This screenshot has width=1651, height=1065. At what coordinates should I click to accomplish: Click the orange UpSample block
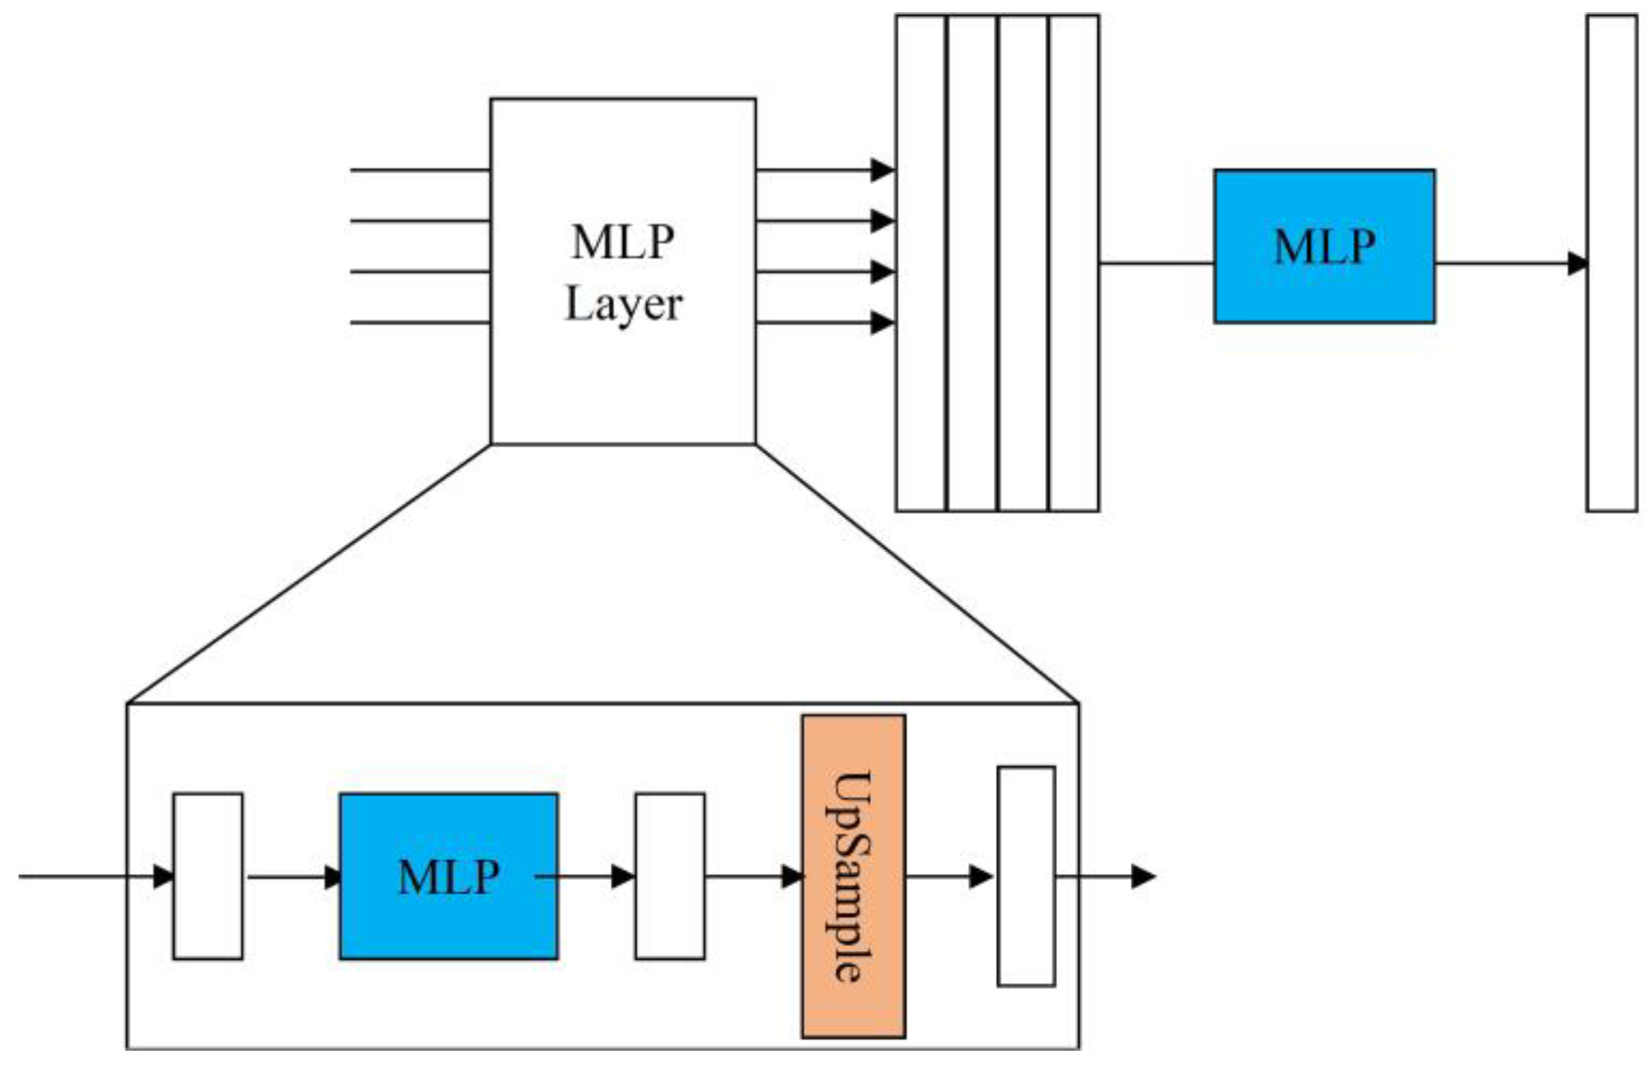point(853,876)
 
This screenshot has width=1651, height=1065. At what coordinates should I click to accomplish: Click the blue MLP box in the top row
point(1324,246)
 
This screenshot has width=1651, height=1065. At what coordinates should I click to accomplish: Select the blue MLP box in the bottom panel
point(448,876)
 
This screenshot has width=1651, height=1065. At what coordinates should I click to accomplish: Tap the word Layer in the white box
point(623,305)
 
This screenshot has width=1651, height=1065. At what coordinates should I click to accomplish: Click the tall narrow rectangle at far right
point(1611,263)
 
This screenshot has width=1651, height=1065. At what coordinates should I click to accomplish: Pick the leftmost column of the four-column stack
point(920,263)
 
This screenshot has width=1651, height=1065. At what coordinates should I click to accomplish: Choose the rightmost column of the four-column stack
point(1074,263)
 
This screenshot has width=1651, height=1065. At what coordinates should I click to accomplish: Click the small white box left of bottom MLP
point(207,876)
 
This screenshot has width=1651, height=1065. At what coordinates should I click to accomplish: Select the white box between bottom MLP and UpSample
point(669,876)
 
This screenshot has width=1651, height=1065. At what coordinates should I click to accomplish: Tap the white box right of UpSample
point(1025,876)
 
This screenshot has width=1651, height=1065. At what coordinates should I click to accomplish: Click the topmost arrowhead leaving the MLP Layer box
point(883,170)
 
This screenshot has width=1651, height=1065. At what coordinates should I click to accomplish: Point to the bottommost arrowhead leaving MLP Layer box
point(883,323)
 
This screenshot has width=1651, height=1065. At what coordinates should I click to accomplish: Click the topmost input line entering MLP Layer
point(419,170)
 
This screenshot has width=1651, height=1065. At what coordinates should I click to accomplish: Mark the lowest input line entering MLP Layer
point(419,323)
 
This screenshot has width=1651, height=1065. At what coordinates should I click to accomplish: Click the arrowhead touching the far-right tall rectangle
point(1577,264)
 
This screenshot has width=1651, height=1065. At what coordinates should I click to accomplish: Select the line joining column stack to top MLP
point(1156,264)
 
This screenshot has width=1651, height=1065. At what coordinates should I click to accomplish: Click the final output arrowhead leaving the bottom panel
point(1143,876)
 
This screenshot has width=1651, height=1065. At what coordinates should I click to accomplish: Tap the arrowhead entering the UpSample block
point(792,876)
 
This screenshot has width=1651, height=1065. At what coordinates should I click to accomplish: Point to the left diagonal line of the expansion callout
point(308,574)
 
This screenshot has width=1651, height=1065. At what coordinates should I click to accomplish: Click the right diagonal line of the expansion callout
point(917,574)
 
